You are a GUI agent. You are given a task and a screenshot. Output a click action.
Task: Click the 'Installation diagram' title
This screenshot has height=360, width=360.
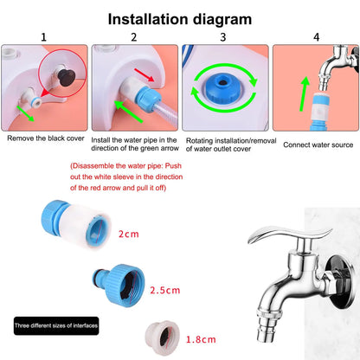pyautogui.click(x=180, y=20)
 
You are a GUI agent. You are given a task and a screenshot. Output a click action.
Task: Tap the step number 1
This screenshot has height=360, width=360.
pyautogui.click(x=43, y=37)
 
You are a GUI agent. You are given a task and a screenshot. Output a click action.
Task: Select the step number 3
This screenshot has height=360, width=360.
pyautogui.click(x=223, y=37)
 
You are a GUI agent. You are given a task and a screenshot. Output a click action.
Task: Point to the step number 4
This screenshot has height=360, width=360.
pyautogui.click(x=317, y=37)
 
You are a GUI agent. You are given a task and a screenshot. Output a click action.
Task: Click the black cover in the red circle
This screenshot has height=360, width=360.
pyautogui.click(x=67, y=77)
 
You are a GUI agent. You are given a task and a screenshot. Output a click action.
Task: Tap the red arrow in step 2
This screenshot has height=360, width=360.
pyautogui.click(x=145, y=75)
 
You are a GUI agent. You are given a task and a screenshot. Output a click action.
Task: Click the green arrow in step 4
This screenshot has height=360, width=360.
pyautogui.click(x=304, y=93)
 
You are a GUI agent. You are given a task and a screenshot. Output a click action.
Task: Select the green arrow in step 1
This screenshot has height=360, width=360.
pyautogui.click(x=26, y=113)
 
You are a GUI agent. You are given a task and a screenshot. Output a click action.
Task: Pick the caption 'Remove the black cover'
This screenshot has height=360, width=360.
pyautogui.click(x=46, y=138)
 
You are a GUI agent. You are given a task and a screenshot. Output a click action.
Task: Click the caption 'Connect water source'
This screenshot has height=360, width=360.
pyautogui.click(x=318, y=145)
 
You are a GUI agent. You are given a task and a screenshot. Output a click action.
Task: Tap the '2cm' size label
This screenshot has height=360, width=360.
pyautogui.click(x=129, y=234)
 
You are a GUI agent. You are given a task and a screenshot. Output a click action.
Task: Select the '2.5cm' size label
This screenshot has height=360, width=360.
pyautogui.click(x=165, y=290)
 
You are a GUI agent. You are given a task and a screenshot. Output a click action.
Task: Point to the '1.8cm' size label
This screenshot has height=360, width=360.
pyautogui.click(x=201, y=339)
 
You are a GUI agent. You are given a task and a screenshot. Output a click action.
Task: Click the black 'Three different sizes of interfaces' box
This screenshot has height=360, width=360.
pyautogui.click(x=56, y=326)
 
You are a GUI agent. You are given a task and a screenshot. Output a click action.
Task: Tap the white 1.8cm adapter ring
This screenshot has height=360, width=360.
pyautogui.click(x=163, y=337)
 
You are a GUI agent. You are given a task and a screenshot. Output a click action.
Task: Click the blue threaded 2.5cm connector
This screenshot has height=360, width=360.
pyautogui.click(x=119, y=285)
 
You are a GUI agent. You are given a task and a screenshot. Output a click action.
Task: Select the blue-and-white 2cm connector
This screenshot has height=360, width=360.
pyautogui.click(x=76, y=224)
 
